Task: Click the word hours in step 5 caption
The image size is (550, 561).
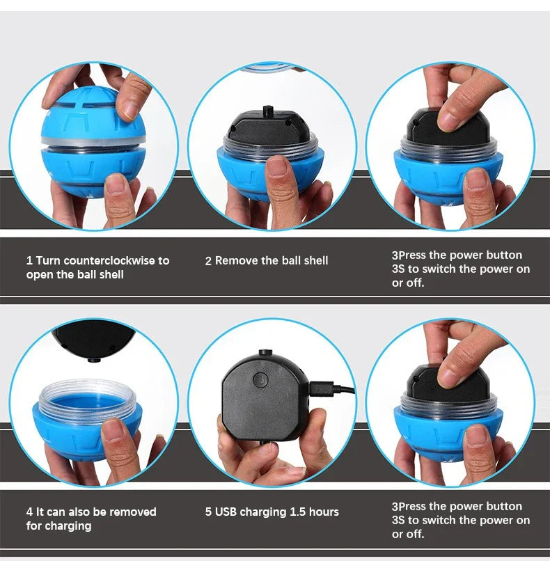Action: click(324, 512)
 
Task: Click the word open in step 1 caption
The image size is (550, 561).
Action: click(40, 275)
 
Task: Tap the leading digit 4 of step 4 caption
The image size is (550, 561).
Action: click(29, 512)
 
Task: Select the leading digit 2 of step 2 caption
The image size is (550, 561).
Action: click(208, 261)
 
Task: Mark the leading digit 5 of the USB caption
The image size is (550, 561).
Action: click(208, 512)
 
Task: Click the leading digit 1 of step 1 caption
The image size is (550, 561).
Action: click(29, 261)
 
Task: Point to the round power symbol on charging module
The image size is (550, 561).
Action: click(260, 379)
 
